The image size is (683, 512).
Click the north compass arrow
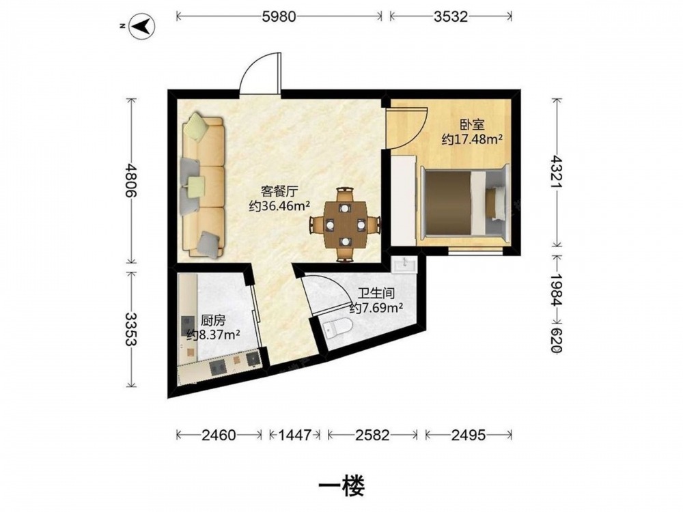[143, 26]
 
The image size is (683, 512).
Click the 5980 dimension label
[279, 16]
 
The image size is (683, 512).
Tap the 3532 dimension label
[451, 16]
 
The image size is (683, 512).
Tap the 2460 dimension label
[219, 434]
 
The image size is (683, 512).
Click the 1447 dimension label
[295, 434]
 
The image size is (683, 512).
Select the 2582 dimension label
[372, 434]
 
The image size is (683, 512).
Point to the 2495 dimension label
[469, 434]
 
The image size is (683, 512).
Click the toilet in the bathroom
[338, 326]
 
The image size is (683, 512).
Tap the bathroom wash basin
[404, 264]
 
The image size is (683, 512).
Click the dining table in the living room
[345, 225]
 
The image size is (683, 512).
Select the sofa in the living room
[204, 184]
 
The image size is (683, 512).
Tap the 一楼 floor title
[341, 485]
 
